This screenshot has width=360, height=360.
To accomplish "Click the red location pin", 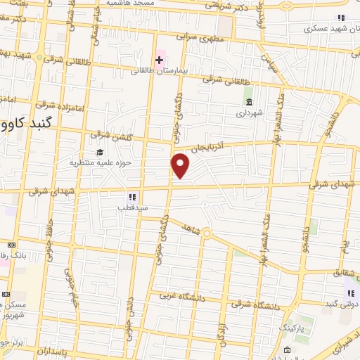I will [181, 165].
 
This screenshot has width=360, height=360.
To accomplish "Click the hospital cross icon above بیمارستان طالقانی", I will [160, 60].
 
